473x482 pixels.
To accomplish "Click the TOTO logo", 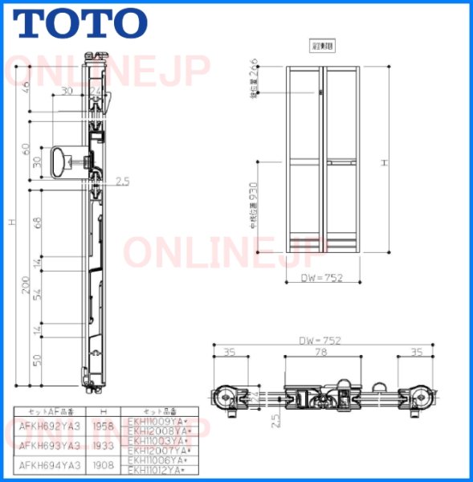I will (x=80, y=24).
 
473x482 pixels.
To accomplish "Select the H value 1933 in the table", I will (x=102, y=445).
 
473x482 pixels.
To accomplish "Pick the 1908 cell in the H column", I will (x=102, y=464).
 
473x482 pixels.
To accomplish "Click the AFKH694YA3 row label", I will (x=49, y=464).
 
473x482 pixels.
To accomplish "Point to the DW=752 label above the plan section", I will (x=320, y=341).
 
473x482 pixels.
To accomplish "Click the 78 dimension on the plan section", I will (x=320, y=352).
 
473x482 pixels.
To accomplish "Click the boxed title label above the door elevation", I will (x=322, y=45).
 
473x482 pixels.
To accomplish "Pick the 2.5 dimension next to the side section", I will (x=122, y=182).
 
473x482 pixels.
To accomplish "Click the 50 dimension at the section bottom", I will (x=37, y=359).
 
